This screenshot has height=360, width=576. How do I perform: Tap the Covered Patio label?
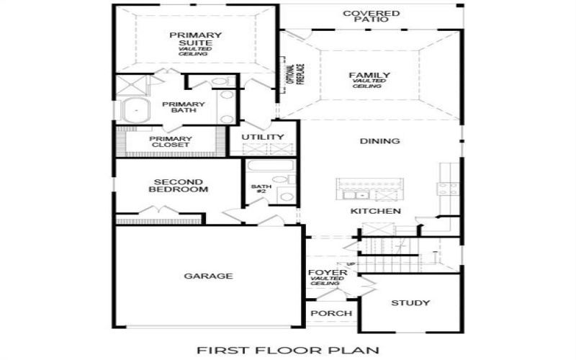(371, 16)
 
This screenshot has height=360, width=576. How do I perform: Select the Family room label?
(369, 76)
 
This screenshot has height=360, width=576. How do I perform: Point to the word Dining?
(379, 141)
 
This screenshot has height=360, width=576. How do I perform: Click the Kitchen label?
(375, 211)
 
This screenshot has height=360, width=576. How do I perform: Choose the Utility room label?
(263, 137)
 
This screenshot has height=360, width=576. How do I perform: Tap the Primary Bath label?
(183, 107)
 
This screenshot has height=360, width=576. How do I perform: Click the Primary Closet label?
(170, 142)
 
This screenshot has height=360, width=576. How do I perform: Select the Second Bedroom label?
(178, 186)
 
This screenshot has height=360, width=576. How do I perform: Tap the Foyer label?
(323, 274)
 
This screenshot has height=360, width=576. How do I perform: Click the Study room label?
(410, 302)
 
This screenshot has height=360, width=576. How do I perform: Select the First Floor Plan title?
(288, 351)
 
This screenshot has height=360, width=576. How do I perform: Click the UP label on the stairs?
(351, 264)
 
